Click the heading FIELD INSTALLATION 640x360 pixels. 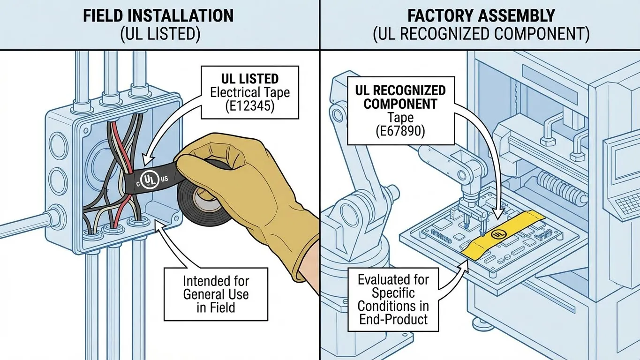coord(158,15)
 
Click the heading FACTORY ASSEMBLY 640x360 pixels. coord(481,15)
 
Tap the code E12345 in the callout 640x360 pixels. coord(249,105)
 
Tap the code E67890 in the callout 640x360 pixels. coord(400,131)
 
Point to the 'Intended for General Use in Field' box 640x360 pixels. coord(216,294)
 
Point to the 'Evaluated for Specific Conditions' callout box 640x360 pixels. coord(393,300)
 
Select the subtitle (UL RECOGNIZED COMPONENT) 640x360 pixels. coord(481,36)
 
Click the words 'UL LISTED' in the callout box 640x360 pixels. coord(249,78)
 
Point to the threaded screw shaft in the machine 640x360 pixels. coord(560,187)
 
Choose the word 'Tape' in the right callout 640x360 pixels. coord(400,118)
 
